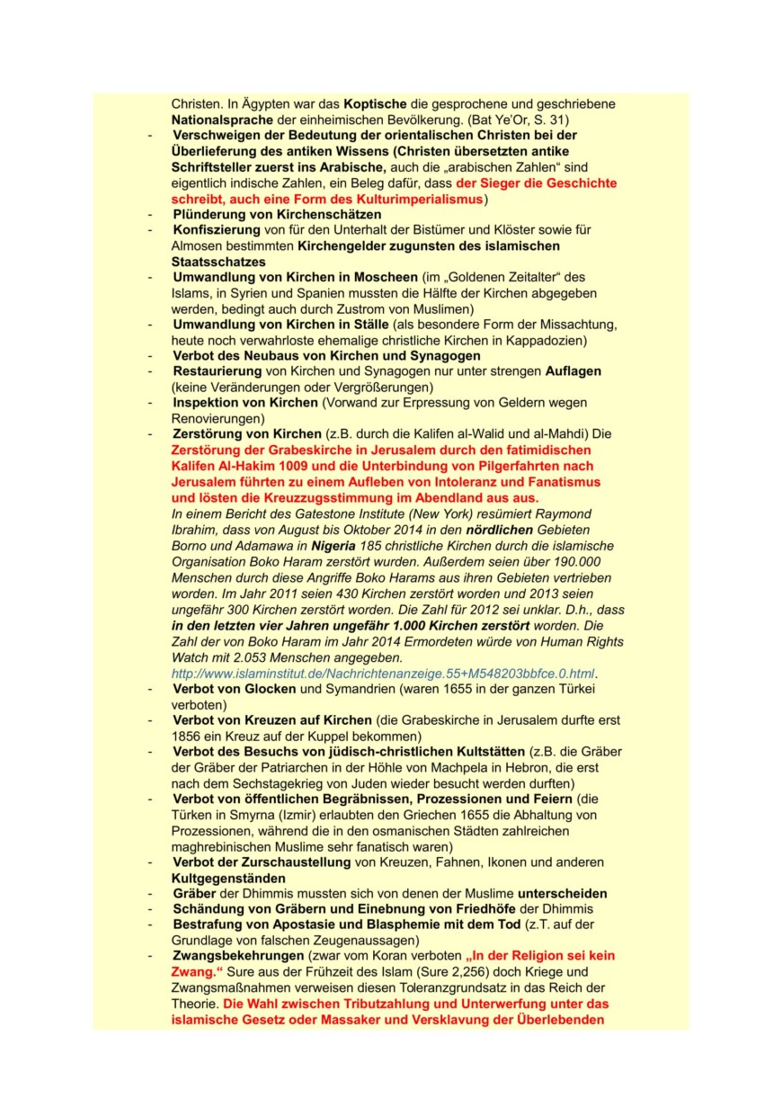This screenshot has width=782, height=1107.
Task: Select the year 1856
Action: coord(189,736)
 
